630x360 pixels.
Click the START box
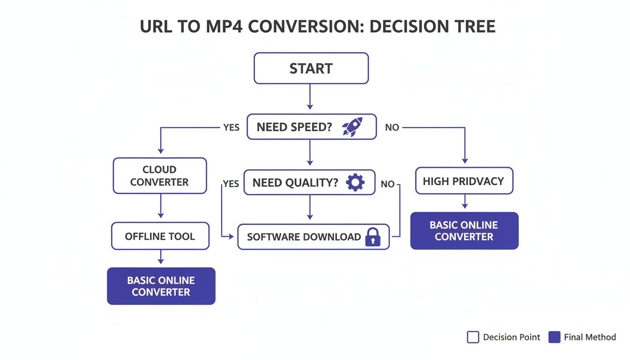click(x=311, y=68)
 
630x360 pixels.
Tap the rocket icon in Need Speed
click(x=352, y=127)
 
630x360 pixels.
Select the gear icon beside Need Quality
click(x=355, y=182)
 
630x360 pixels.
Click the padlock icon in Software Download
click(x=373, y=237)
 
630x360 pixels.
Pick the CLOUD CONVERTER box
click(x=159, y=176)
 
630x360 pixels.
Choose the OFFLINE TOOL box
click(x=160, y=236)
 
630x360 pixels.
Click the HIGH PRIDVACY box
click(x=464, y=181)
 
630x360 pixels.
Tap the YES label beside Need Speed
click(x=231, y=127)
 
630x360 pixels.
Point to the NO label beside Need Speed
click(x=392, y=127)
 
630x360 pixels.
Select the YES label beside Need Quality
click(x=231, y=184)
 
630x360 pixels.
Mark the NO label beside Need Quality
click(x=388, y=184)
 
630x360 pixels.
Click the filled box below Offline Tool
click(x=161, y=286)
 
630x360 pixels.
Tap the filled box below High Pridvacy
click(x=464, y=231)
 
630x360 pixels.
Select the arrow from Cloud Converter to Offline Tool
click(x=160, y=206)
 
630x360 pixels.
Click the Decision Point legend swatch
click(x=473, y=337)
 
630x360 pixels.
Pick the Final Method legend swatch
click(x=554, y=337)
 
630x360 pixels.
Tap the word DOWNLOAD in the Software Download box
click(x=332, y=237)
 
